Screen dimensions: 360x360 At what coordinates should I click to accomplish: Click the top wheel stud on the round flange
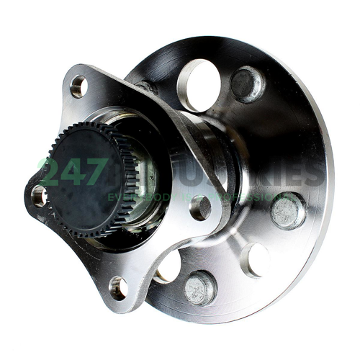[248, 84]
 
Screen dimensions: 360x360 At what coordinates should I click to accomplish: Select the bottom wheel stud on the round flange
[200, 288]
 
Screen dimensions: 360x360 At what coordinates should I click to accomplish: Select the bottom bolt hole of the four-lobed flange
[117, 287]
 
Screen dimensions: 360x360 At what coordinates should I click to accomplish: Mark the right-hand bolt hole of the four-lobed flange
[200, 207]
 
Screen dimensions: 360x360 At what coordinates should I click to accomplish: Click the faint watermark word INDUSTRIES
[238, 174]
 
